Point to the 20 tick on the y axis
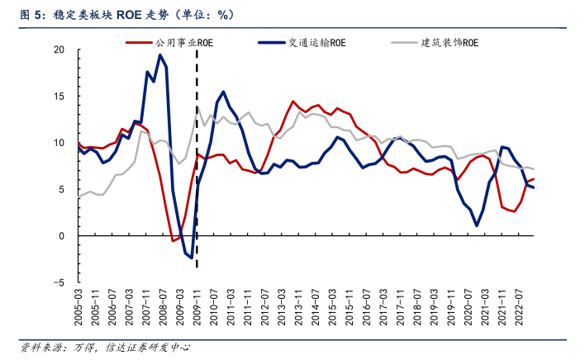59,50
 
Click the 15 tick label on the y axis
59,97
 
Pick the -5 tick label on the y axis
59,282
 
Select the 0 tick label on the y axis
62,236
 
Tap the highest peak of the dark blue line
159,55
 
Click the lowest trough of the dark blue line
192,258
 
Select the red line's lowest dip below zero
173,240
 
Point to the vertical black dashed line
197,165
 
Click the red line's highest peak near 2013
293,102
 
